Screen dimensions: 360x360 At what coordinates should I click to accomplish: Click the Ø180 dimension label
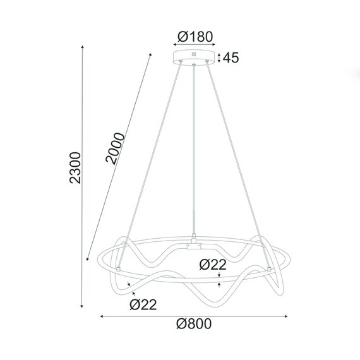tap(195, 37)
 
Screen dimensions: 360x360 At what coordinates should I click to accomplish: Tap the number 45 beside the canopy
tap(231, 58)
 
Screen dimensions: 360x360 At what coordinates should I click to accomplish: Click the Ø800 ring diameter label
tap(194, 324)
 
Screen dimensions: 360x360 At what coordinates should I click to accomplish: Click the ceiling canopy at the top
tap(194, 58)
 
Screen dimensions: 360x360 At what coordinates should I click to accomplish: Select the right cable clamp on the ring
tap(271, 268)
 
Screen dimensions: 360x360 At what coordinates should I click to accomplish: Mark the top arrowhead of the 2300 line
tap(83, 47)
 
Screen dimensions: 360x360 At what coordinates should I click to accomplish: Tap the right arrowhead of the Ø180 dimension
tap(214, 45)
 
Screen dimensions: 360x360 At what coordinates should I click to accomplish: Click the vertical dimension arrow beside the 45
tap(219, 58)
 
